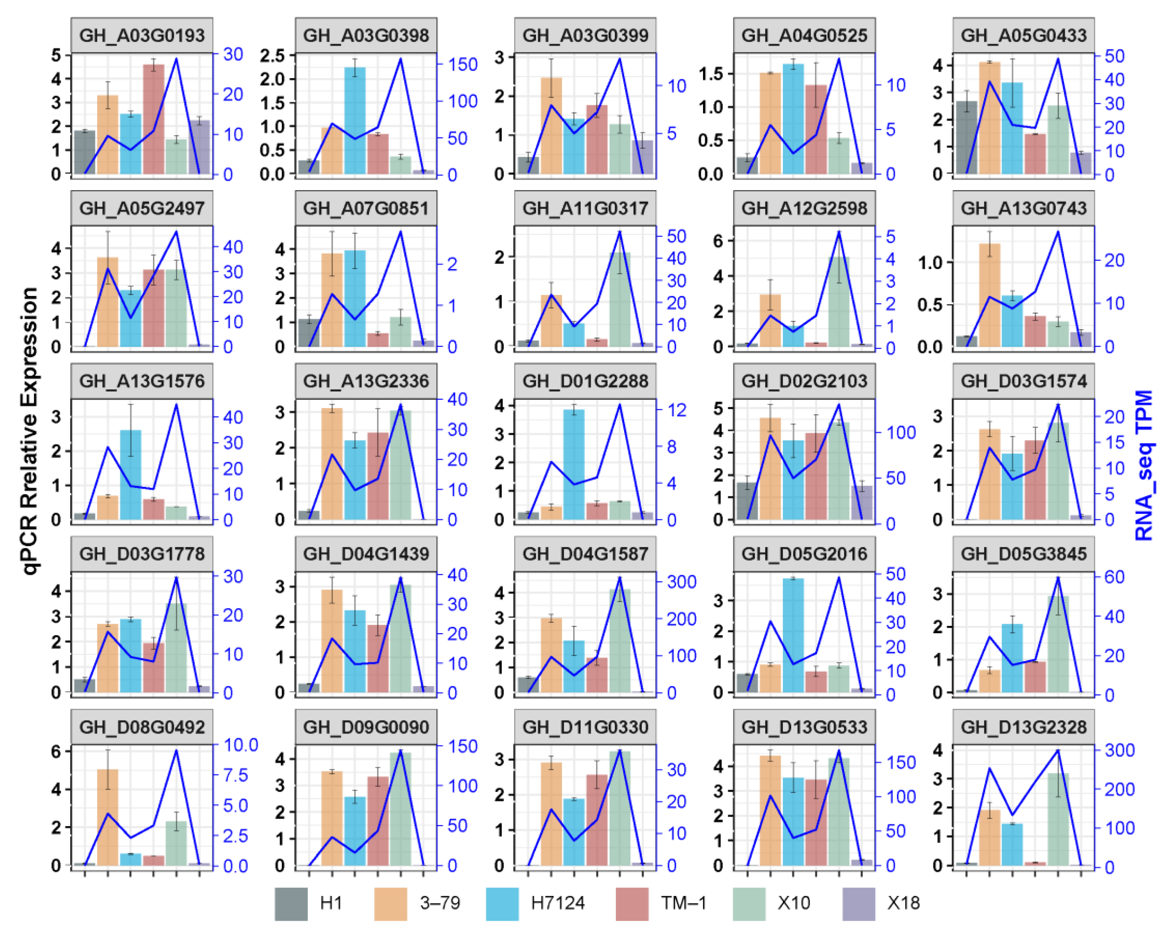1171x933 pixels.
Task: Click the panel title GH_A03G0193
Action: [x=142, y=35]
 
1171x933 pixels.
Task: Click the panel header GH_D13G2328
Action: [x=1023, y=727]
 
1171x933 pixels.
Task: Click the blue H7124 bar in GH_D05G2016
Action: [x=793, y=635]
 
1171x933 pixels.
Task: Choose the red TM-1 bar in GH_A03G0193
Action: [x=153, y=120]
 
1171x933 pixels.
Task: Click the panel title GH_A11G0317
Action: [x=585, y=208]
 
